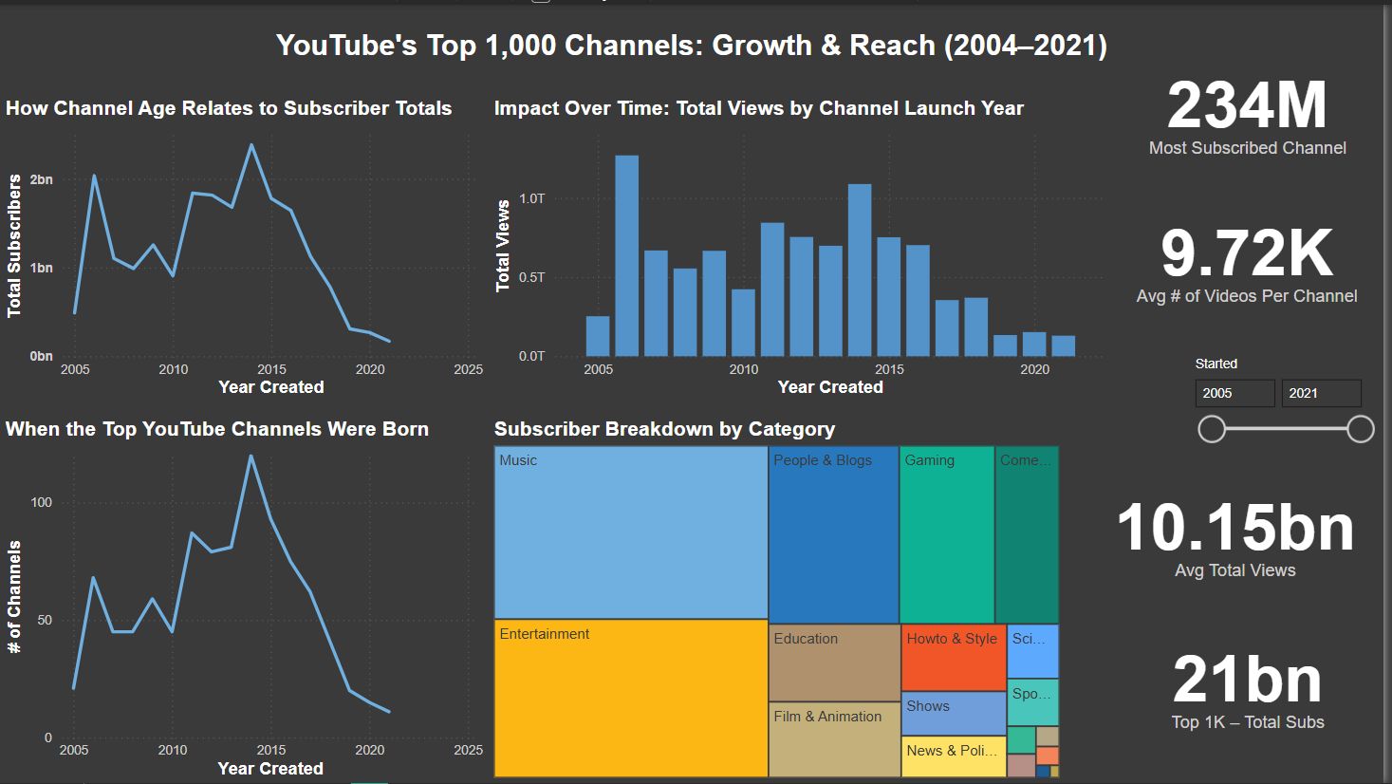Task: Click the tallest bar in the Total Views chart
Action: pyautogui.click(x=626, y=256)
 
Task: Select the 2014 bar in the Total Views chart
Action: pyautogui.click(x=860, y=271)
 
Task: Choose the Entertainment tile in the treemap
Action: pyautogui.click(x=631, y=699)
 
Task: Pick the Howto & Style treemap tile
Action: pyautogui.click(x=953, y=658)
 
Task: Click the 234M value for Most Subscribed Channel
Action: pyautogui.click(x=1247, y=105)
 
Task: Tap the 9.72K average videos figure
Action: pyautogui.click(x=1247, y=253)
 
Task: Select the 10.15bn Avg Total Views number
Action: pyautogui.click(x=1235, y=528)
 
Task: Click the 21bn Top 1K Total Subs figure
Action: pyautogui.click(x=1247, y=680)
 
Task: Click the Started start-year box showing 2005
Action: pyautogui.click(x=1234, y=393)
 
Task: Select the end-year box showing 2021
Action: pyautogui.click(x=1321, y=393)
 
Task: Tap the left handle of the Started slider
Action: pyautogui.click(x=1212, y=429)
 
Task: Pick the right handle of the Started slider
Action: pyautogui.click(x=1361, y=429)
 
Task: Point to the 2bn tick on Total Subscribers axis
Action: pyautogui.click(x=42, y=179)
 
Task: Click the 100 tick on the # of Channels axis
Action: pyautogui.click(x=42, y=502)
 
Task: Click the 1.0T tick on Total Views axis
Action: pyautogui.click(x=532, y=198)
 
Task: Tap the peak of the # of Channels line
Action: pyautogui.click(x=251, y=456)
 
